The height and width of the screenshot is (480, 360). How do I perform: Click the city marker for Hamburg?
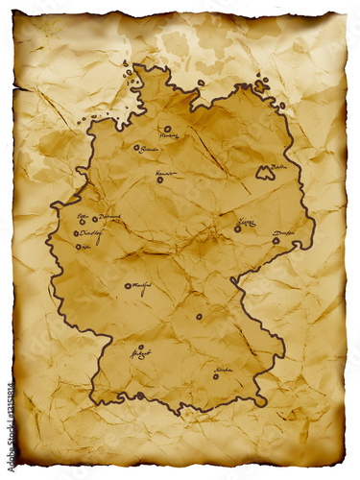[x=167, y=128]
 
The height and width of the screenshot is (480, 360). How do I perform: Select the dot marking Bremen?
[x=136, y=148]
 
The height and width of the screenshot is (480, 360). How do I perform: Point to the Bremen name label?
[x=149, y=150]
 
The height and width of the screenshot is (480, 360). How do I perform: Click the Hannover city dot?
[x=159, y=180]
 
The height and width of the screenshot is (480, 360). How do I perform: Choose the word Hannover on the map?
[x=165, y=173]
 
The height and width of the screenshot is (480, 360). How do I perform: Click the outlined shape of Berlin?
[x=264, y=174]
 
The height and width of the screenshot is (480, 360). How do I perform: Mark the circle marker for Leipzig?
[x=237, y=228]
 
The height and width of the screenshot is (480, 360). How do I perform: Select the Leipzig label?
[x=247, y=222]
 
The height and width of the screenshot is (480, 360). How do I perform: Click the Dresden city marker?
[x=276, y=240]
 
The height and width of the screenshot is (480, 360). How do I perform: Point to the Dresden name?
[x=283, y=233]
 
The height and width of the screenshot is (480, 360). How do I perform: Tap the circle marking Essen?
[x=82, y=222]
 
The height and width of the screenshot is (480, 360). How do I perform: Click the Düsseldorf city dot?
[x=76, y=233]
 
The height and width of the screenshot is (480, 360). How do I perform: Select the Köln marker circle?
[x=78, y=247]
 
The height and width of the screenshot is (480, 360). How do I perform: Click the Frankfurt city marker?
[x=127, y=285]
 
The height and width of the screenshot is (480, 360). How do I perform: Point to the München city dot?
[x=215, y=375]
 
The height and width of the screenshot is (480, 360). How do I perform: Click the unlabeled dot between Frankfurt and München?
[x=199, y=316]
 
